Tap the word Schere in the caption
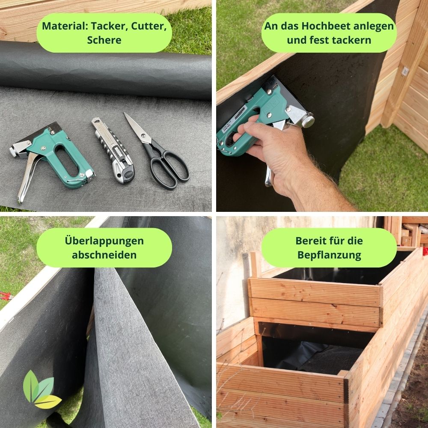[104, 40]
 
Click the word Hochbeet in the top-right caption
[327, 26]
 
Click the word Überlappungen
[104, 241]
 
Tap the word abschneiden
[104, 255]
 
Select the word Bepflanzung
[329, 255]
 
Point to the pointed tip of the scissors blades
[125, 113]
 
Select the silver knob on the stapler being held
[308, 121]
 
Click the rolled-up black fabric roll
[106, 71]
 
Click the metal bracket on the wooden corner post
[405, 71]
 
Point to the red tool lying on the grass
[6, 296]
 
